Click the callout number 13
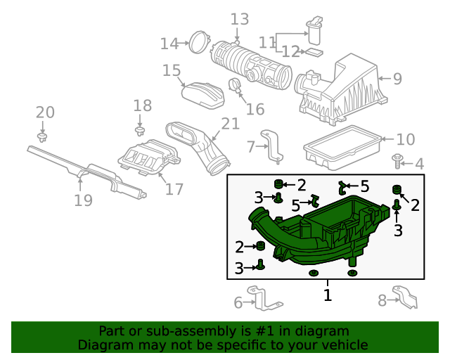click(x=240, y=19)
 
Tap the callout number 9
click(x=397, y=78)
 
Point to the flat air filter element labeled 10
click(x=342, y=147)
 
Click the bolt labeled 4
click(x=397, y=161)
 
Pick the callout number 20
click(x=45, y=112)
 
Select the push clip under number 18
click(x=140, y=131)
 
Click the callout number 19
click(x=83, y=200)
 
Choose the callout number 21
click(x=231, y=124)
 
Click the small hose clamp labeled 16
click(x=234, y=85)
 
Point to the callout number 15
click(x=172, y=70)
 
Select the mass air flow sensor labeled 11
click(x=314, y=31)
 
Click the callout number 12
click(x=290, y=52)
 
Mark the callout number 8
click(x=382, y=300)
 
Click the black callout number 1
click(x=328, y=295)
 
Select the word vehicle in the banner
click(x=346, y=345)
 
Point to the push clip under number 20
click(x=42, y=137)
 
